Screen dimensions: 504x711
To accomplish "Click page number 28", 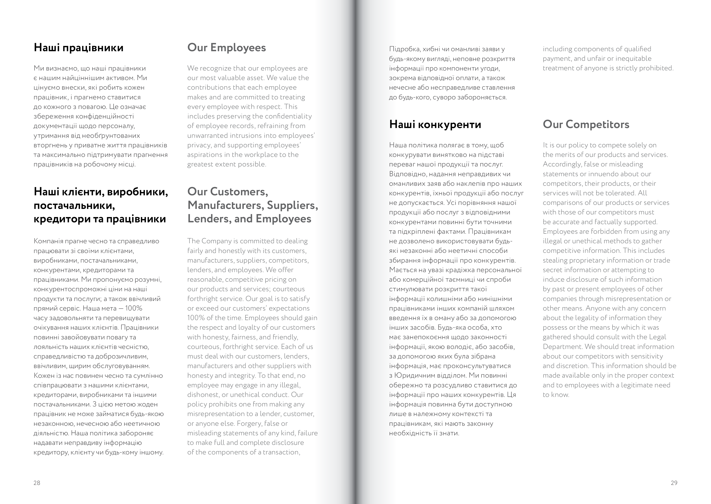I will (x=37, y=483).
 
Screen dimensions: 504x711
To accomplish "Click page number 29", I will (x=674, y=483).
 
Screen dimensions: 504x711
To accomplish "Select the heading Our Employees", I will (x=226, y=48).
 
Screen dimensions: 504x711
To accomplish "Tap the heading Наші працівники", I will (x=79, y=48).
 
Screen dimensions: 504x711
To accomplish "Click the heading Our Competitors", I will (x=586, y=124).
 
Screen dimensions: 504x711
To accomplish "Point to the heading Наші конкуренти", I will (x=435, y=124).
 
